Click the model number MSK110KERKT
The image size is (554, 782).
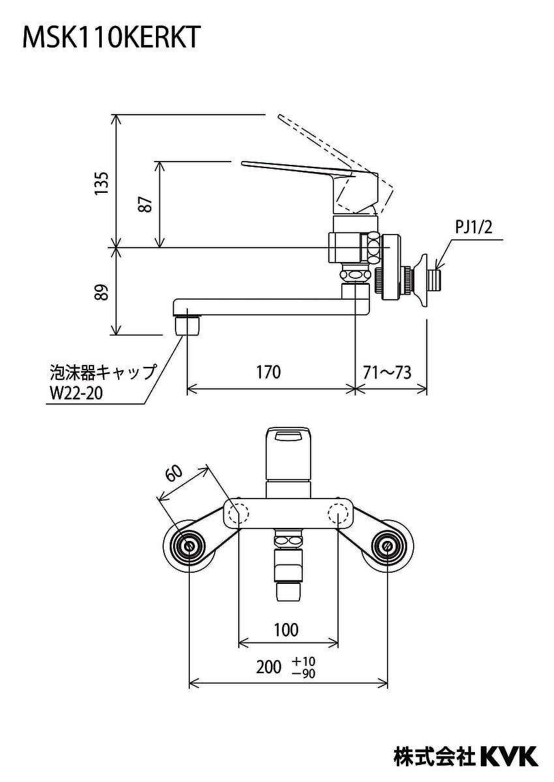[x=111, y=38]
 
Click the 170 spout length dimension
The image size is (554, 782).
[x=268, y=371]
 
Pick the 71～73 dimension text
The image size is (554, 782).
[x=387, y=371]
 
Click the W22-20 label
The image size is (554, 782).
[x=76, y=393]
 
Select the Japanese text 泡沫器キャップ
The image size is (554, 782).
[x=103, y=372]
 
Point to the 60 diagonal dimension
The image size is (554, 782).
[x=174, y=474]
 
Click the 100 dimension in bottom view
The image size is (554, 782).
[x=286, y=630]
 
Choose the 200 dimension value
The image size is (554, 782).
[x=269, y=667]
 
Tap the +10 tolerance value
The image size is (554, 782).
[x=304, y=661]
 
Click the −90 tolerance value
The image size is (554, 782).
[x=304, y=674]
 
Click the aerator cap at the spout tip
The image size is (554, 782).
[x=188, y=323]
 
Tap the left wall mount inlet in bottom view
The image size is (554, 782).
[x=189, y=546]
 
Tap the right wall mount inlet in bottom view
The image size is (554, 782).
[x=388, y=546]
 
